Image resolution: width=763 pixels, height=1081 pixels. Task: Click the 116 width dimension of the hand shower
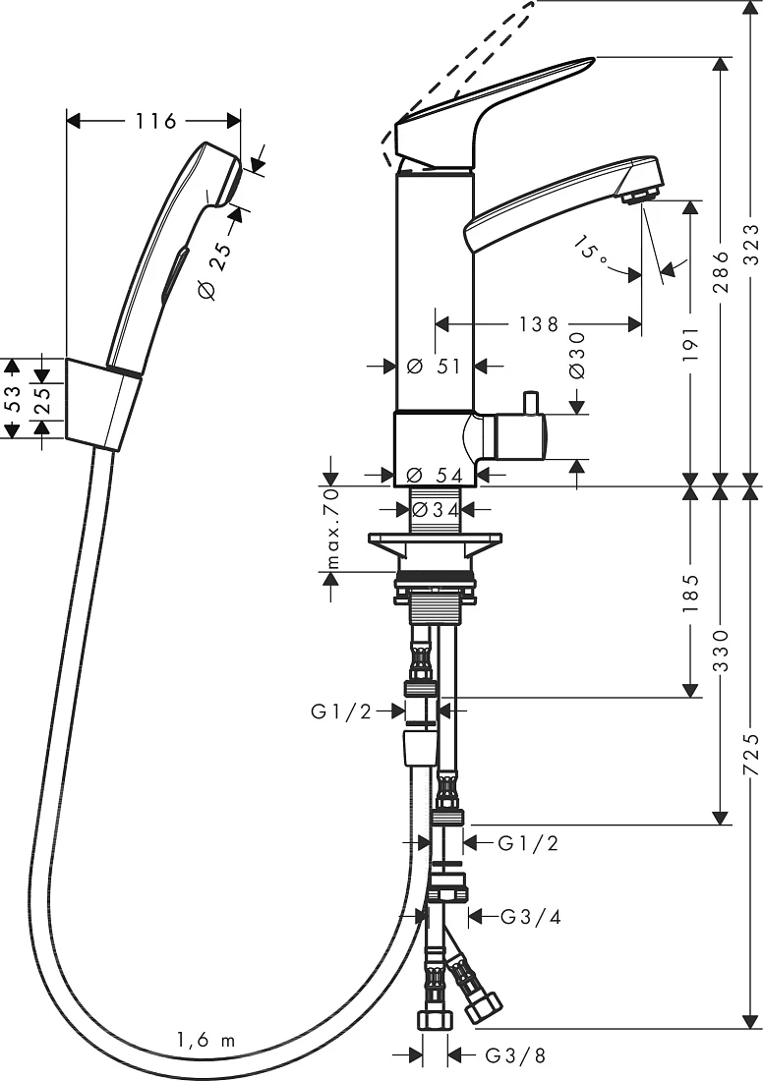click(155, 121)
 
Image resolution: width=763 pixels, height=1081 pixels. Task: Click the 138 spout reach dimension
click(539, 323)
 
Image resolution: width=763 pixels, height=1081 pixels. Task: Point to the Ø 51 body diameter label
click(434, 367)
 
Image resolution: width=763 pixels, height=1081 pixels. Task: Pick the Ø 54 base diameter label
click(435, 475)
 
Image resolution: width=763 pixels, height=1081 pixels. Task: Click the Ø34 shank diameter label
click(435, 510)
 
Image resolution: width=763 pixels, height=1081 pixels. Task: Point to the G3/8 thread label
click(515, 1055)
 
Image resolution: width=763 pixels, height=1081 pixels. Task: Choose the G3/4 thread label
click(531, 916)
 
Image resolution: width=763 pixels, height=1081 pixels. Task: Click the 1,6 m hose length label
click(205, 1040)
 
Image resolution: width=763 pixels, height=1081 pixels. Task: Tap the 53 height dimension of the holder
click(14, 398)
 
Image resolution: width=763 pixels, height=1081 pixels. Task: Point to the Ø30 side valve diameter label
click(577, 355)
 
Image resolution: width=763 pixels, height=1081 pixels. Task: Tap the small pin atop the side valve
click(531, 403)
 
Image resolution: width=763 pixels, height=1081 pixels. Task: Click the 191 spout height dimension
click(691, 345)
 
